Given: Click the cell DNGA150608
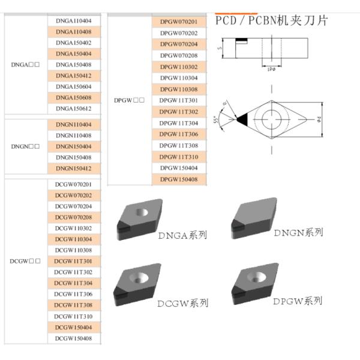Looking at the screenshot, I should [74, 98].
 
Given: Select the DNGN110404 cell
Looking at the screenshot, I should [74, 124].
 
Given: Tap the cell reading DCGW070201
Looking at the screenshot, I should [74, 184].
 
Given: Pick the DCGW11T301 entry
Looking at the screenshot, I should [74, 261].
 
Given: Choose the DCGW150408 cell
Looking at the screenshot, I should [74, 338].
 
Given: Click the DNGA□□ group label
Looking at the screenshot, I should [25, 64].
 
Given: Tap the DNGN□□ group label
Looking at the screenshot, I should [25, 146].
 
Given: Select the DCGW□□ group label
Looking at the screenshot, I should [25, 261].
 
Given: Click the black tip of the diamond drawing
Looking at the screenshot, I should [242, 119].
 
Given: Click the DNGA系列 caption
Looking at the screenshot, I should [182, 235].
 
